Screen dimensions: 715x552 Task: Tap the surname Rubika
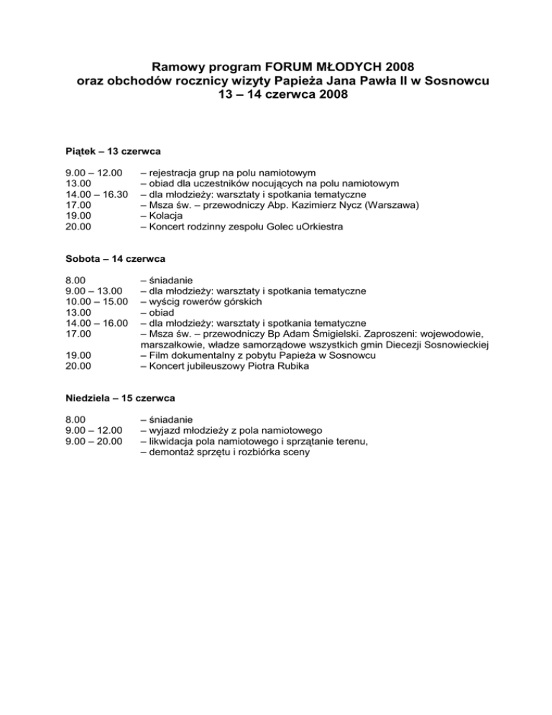coord(289,366)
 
